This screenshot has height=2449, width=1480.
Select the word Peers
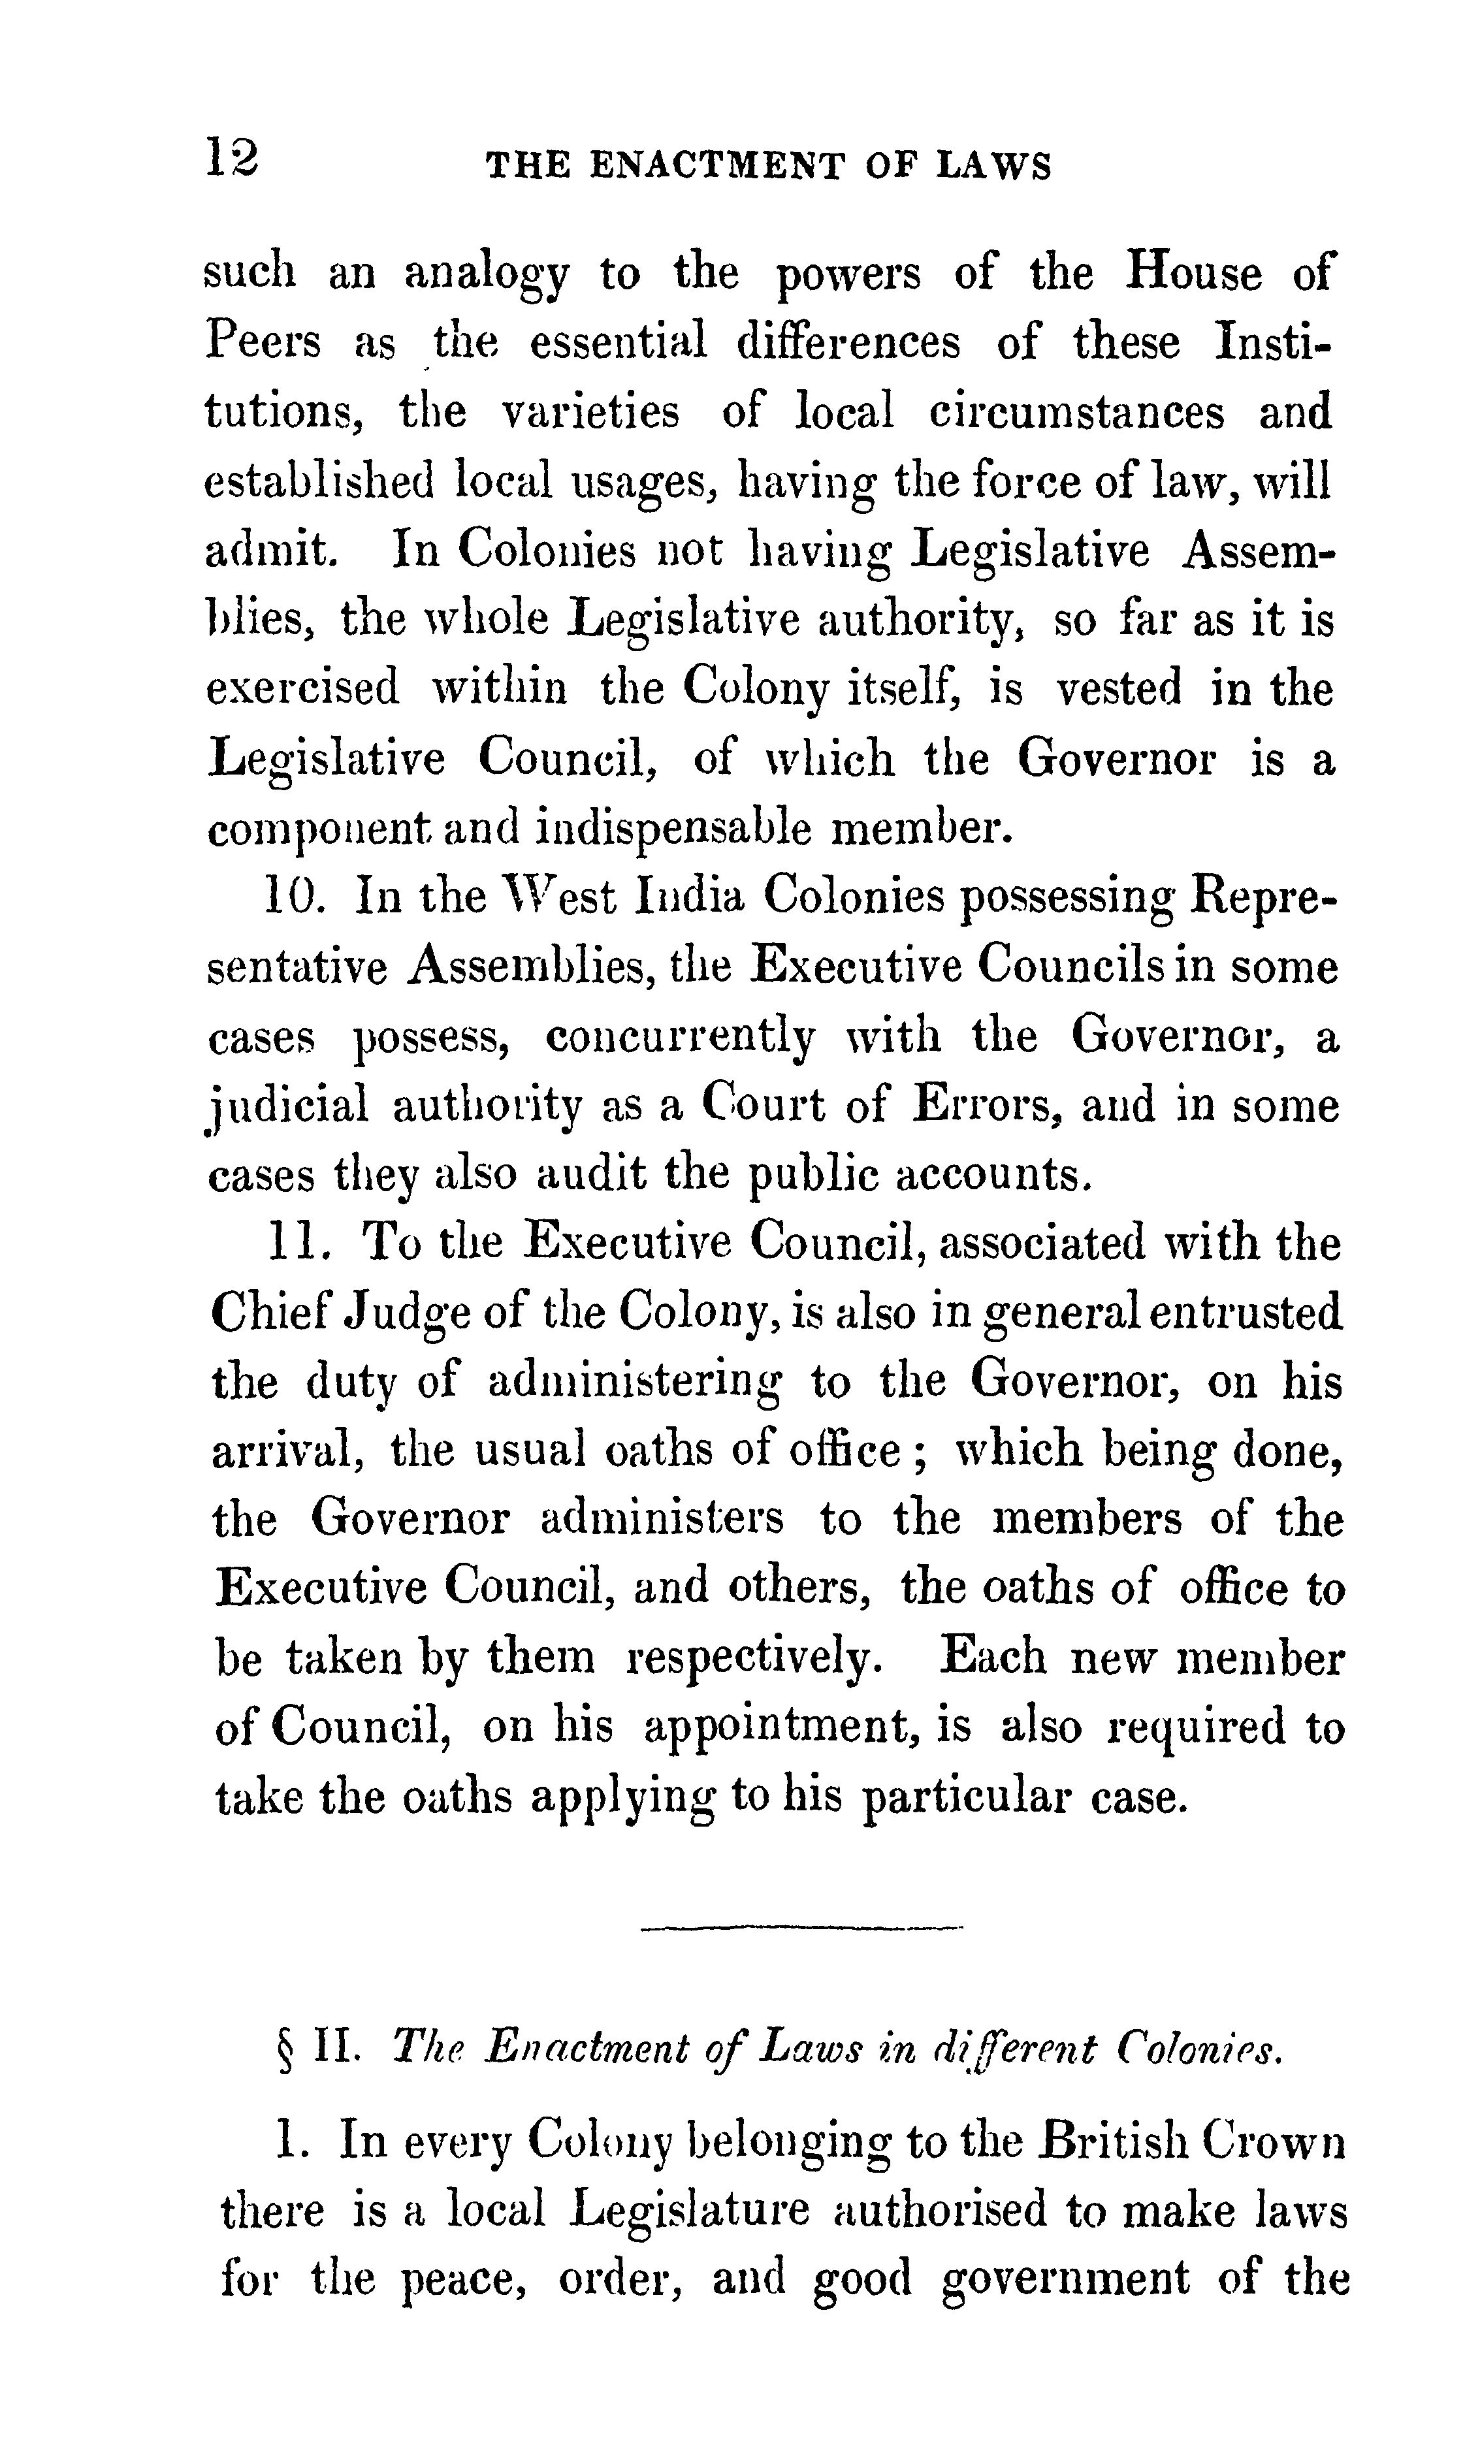click(x=263, y=343)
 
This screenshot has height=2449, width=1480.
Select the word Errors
click(x=984, y=1106)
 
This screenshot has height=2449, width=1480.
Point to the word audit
click(x=591, y=1175)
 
